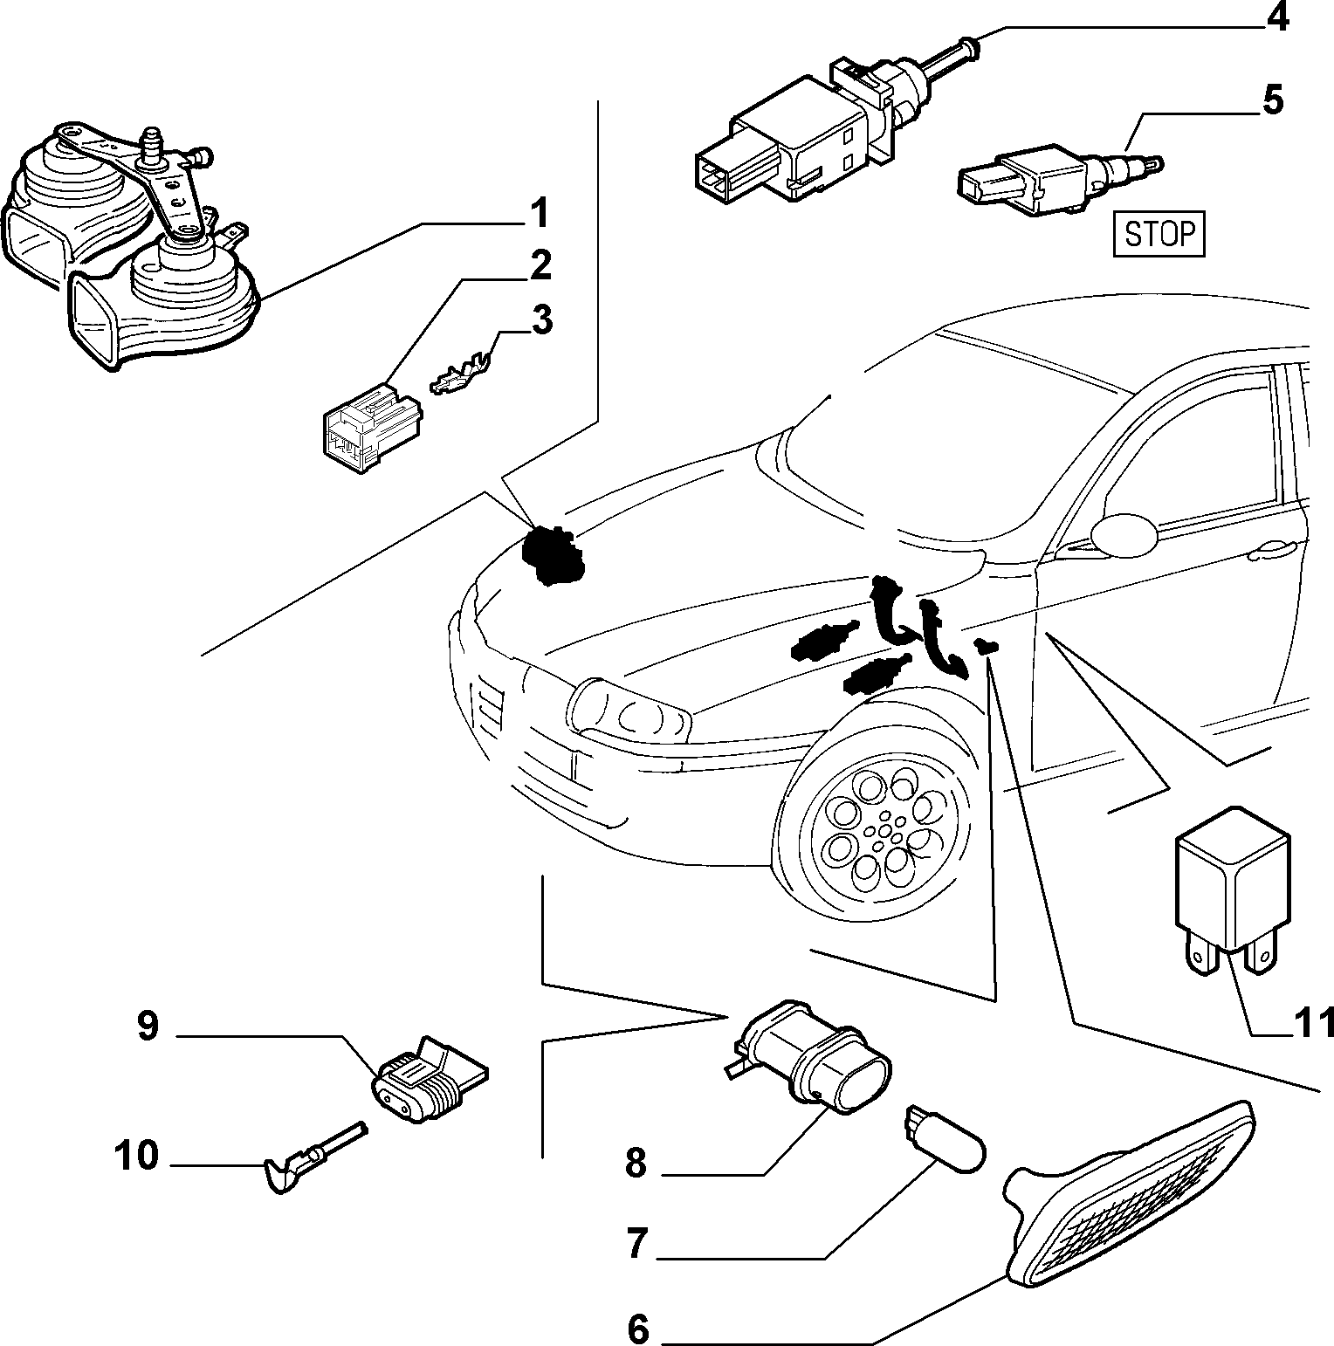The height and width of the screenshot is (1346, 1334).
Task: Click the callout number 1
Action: (540, 212)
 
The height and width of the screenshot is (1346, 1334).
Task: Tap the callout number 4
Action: (1277, 18)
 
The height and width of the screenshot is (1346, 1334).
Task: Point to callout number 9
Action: (148, 1026)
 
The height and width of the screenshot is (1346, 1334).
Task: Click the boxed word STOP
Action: (1159, 234)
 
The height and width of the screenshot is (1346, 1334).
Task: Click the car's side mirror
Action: (1126, 534)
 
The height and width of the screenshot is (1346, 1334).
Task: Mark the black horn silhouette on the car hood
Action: (552, 556)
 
